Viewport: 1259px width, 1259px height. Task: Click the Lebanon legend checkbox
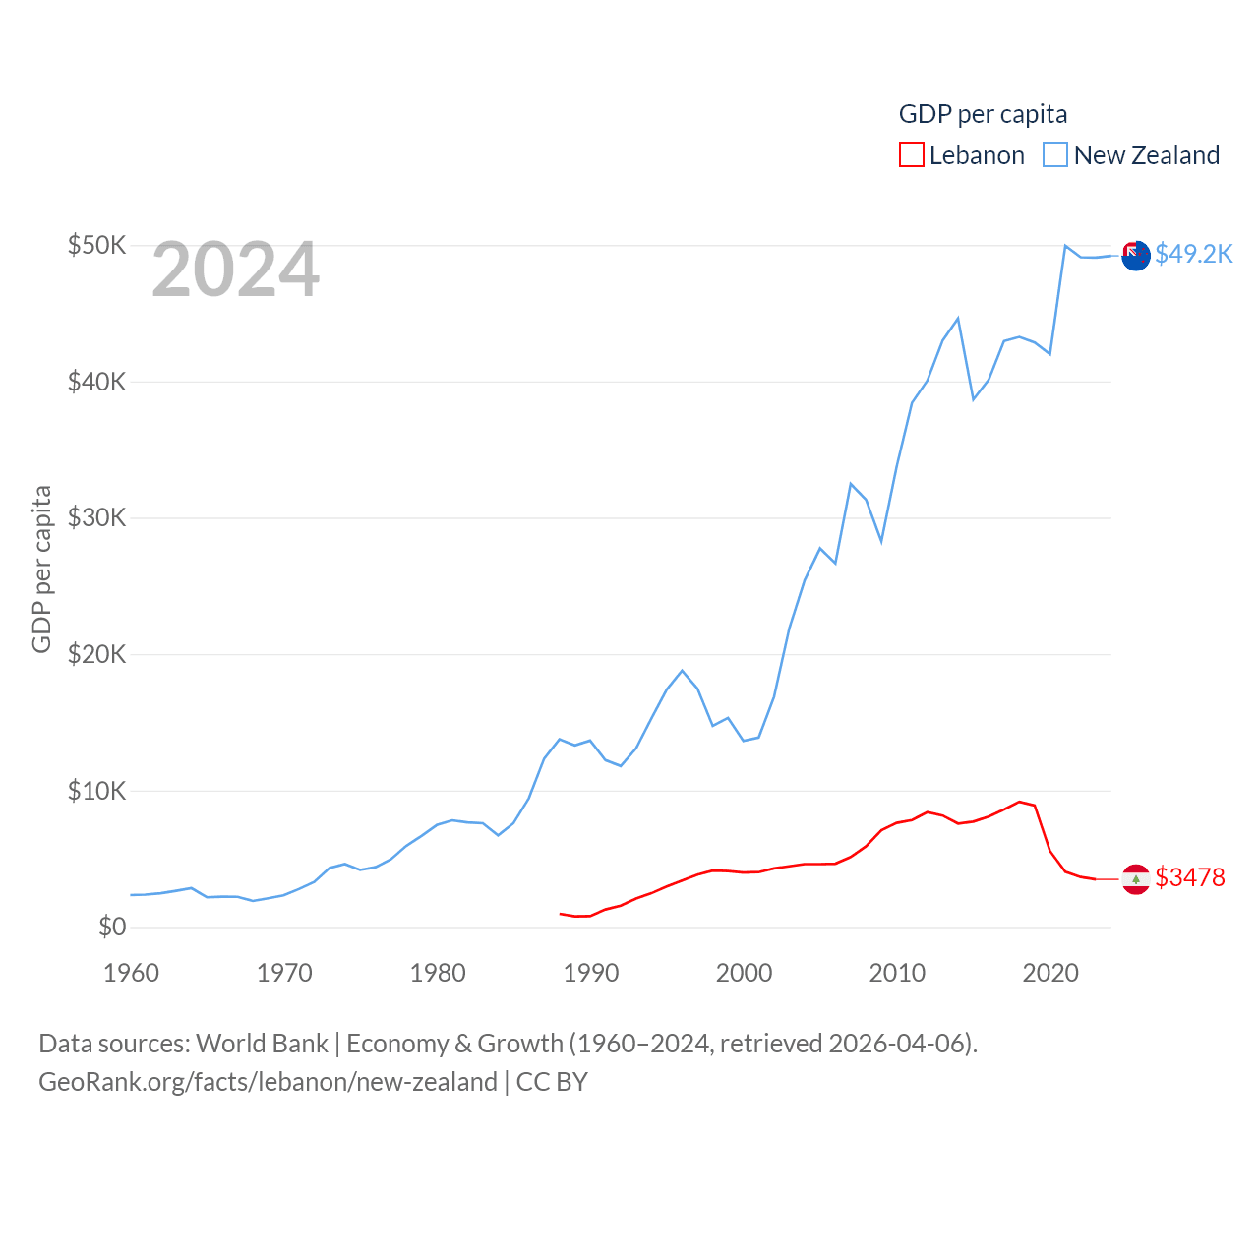click(x=912, y=155)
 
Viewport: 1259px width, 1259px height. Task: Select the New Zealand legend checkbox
click(x=1055, y=155)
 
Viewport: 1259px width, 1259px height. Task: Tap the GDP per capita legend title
click(x=983, y=114)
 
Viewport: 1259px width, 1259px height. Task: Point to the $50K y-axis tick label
click(x=96, y=245)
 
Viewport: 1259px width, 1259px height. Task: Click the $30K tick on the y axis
click(x=96, y=517)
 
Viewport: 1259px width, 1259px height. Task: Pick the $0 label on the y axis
click(x=112, y=927)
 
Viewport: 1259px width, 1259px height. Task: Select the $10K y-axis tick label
click(x=96, y=791)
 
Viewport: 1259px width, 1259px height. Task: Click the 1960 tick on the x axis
click(x=131, y=973)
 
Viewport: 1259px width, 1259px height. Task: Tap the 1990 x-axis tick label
click(x=591, y=973)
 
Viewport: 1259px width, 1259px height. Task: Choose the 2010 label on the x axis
click(x=897, y=973)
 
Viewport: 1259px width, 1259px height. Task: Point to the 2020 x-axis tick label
click(x=1050, y=973)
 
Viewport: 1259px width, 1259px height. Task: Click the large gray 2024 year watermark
click(x=235, y=270)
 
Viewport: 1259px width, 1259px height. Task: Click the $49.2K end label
click(x=1193, y=254)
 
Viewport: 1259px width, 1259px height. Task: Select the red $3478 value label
click(x=1190, y=877)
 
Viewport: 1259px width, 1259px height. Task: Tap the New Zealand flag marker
click(x=1136, y=255)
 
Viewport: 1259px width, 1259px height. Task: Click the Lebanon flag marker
click(x=1136, y=879)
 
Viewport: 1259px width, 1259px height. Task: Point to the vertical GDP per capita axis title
click(x=41, y=569)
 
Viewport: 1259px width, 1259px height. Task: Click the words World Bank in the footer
click(x=262, y=1043)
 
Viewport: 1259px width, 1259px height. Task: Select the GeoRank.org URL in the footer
click(x=268, y=1082)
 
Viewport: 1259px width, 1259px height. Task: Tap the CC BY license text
click(x=552, y=1082)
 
